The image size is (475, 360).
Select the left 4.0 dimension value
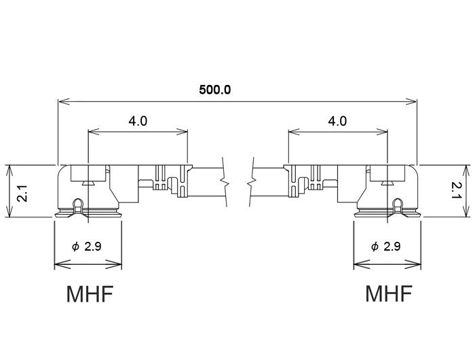click(138, 121)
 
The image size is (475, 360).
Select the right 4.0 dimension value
click(337, 121)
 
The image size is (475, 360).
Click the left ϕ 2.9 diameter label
click(87, 247)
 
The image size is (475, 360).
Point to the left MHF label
click(89, 295)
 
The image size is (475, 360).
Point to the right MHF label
click(389, 295)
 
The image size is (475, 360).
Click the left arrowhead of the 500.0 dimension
click(63, 102)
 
